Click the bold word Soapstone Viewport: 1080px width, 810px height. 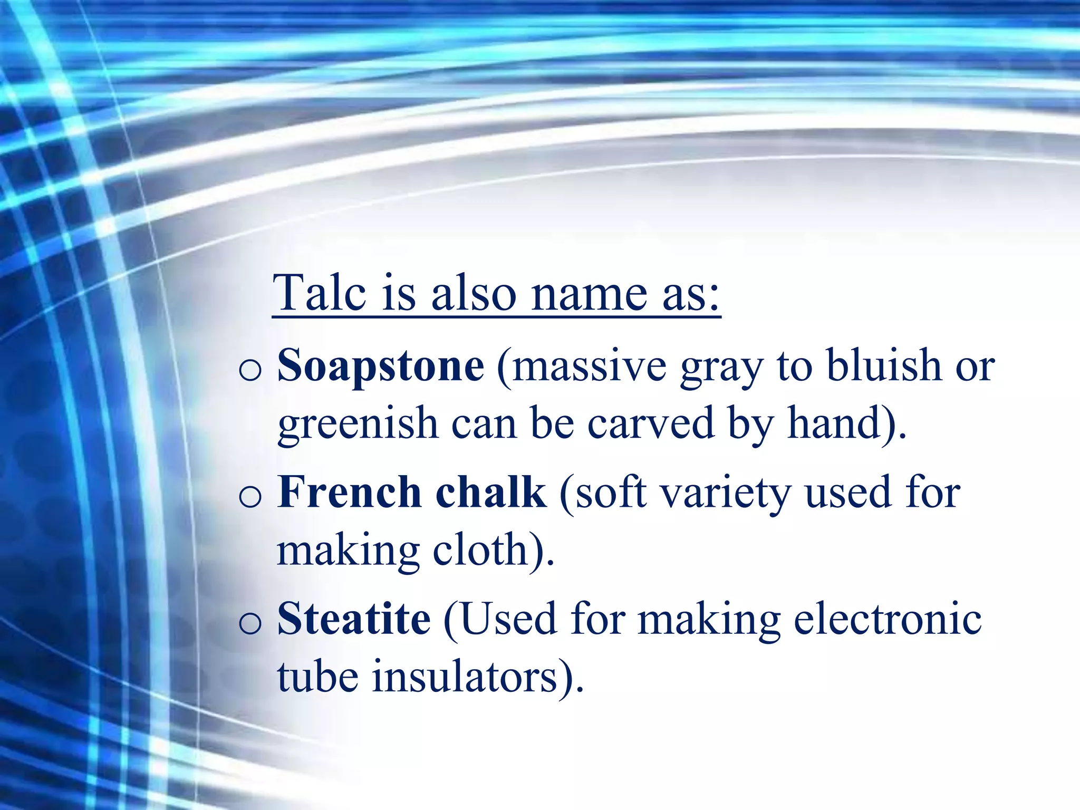[x=381, y=365]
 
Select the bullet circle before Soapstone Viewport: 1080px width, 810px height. [x=250, y=369]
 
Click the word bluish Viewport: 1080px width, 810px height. [x=884, y=365]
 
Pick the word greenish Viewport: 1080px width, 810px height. [x=358, y=423]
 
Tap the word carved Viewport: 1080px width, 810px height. [x=651, y=423]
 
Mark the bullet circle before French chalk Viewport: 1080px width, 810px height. [x=250, y=496]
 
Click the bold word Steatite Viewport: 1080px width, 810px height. [x=354, y=618]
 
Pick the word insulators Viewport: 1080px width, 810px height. [x=465, y=676]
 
